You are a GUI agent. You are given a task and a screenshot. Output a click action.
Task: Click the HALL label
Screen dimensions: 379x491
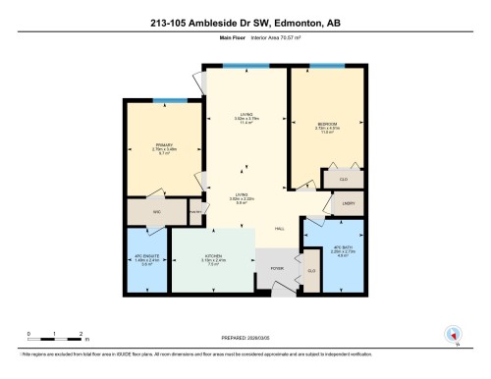coord(280,228)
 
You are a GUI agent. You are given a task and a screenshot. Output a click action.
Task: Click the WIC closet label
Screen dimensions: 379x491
coord(156,210)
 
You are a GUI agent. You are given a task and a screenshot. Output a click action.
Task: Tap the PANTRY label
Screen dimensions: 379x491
coord(194,211)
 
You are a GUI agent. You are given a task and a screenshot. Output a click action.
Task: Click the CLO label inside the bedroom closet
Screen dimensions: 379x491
coord(343,179)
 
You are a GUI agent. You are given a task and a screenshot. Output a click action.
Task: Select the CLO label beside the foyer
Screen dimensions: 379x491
coord(311,269)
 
